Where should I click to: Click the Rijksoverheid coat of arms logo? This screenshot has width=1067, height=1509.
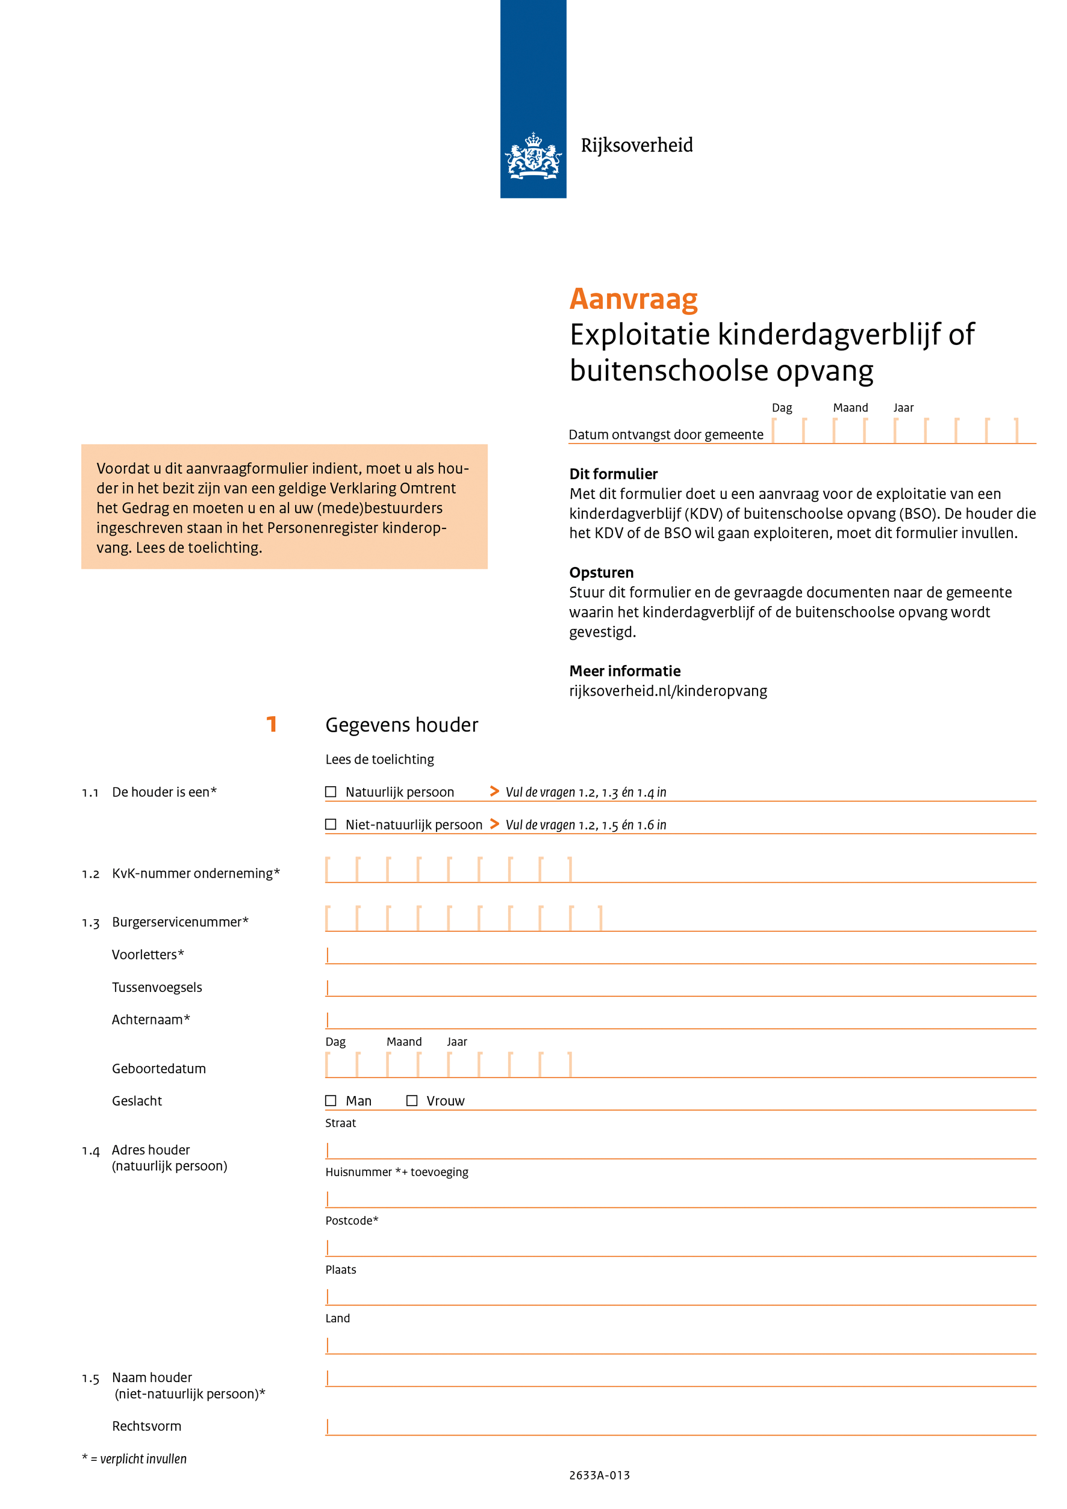point(532,156)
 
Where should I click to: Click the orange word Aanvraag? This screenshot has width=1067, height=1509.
point(633,299)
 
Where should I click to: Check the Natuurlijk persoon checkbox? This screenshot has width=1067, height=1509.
point(331,792)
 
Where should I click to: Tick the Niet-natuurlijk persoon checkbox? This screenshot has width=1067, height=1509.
point(331,824)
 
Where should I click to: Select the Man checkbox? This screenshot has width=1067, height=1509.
point(331,1100)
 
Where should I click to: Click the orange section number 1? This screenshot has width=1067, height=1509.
point(272,724)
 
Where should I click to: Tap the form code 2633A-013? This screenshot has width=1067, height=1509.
point(599,1475)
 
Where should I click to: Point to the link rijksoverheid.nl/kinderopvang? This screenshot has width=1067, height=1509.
point(668,691)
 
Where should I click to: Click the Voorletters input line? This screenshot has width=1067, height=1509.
point(680,956)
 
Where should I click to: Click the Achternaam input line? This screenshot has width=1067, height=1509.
point(680,1021)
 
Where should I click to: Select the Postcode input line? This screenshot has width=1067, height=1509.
point(680,1248)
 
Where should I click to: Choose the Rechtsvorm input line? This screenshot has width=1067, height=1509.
point(680,1427)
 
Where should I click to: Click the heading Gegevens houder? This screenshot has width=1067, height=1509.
point(402,725)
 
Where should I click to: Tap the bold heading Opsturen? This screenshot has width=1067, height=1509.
point(601,572)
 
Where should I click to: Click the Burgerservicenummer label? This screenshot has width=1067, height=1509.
point(179,922)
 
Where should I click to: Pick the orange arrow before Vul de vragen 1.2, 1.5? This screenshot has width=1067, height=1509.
point(494,823)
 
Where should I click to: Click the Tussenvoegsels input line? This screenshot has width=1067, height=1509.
point(680,988)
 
